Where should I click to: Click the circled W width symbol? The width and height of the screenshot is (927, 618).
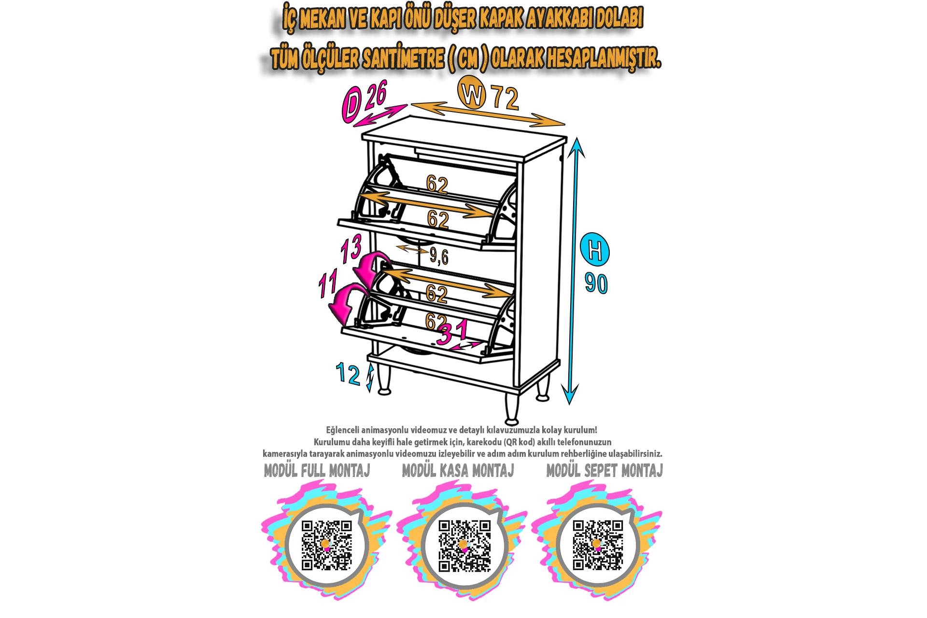tap(472, 93)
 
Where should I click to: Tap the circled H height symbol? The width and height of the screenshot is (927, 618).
tap(595, 250)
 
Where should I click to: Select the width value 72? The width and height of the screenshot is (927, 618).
tap(506, 98)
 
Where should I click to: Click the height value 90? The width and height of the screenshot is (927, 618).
tap(596, 283)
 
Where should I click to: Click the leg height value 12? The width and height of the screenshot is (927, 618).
tap(348, 374)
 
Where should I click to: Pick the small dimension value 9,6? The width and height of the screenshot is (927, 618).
tap(439, 256)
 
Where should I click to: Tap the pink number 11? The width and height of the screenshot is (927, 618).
tap(328, 285)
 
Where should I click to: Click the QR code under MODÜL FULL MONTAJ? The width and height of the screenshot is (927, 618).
tap(326, 545)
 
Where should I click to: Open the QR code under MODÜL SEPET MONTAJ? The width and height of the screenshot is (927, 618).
tap(597, 545)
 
